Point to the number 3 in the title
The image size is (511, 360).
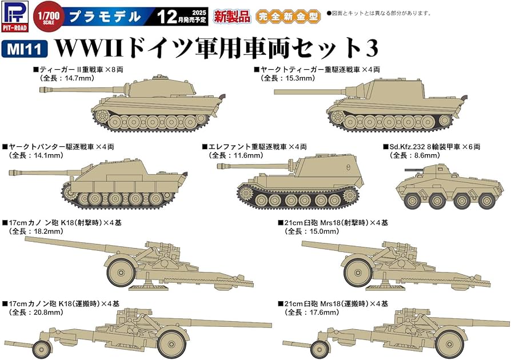[372, 49]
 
